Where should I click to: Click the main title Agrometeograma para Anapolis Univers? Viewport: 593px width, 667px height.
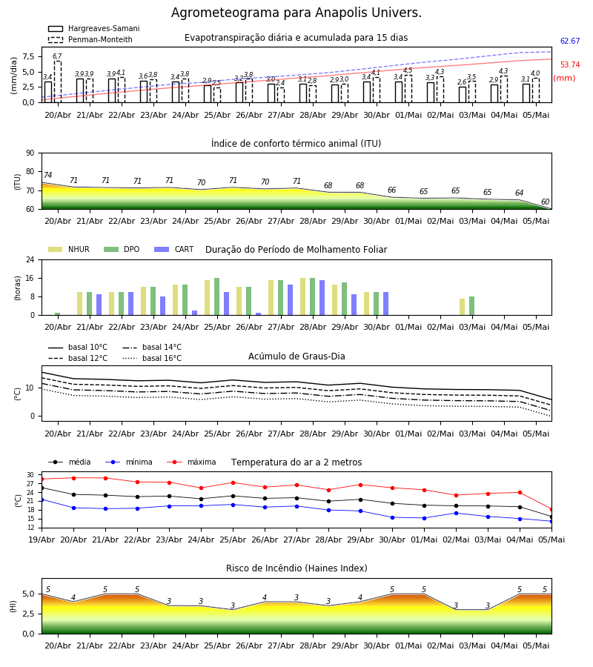point(296,13)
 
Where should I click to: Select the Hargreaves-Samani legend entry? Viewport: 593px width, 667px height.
point(94,28)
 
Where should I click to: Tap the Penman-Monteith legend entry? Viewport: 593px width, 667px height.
point(90,39)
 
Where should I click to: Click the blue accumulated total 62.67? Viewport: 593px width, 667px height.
point(570,41)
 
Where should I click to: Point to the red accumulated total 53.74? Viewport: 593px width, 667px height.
point(570,64)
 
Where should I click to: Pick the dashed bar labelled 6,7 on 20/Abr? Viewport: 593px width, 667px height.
point(57,82)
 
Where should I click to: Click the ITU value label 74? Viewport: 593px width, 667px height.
point(47,175)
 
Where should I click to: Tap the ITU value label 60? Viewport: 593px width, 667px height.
point(545,202)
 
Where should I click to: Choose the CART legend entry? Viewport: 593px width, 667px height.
point(174,249)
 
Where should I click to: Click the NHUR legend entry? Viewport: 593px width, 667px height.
point(69,249)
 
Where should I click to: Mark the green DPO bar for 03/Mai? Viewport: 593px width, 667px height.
point(471,306)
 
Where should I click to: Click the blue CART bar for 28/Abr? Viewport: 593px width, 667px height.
point(322,298)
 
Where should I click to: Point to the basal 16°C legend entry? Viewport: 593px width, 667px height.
point(152,358)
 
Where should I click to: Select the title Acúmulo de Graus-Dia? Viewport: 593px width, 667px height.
point(296,356)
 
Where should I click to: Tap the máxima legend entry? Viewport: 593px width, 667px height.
point(191,462)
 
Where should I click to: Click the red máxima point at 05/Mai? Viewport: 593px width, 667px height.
point(551,510)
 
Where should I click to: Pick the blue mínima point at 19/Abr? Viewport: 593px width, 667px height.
point(42,500)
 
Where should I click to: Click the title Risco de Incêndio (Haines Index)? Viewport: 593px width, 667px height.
point(296,568)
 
